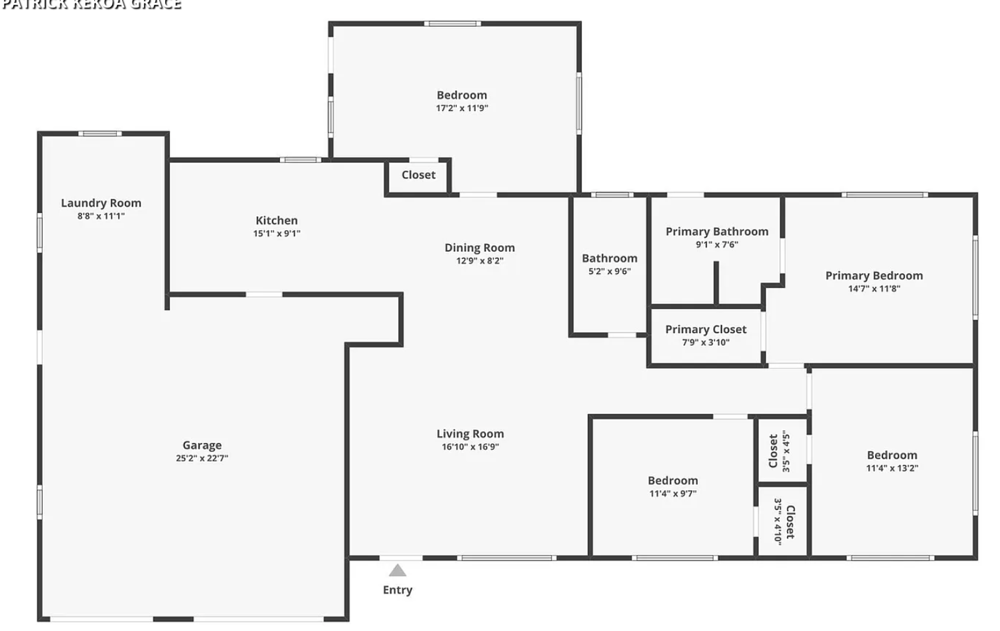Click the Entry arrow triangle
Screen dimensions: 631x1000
pyautogui.click(x=398, y=570)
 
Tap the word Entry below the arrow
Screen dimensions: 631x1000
pyautogui.click(x=398, y=590)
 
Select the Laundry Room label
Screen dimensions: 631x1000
pyautogui.click(x=101, y=203)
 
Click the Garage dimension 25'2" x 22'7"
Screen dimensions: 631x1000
pyautogui.click(x=202, y=458)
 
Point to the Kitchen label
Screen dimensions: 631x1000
pyautogui.click(x=277, y=220)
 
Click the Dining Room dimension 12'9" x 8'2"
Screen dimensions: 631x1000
pyautogui.click(x=479, y=261)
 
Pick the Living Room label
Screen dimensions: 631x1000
pyautogui.click(x=470, y=434)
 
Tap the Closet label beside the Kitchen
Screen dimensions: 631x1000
pyautogui.click(x=418, y=175)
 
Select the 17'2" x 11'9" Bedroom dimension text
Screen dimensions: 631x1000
pyautogui.click(x=462, y=108)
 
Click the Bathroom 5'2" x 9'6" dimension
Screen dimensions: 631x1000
pyautogui.click(x=609, y=271)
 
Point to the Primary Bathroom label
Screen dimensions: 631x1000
pyautogui.click(x=717, y=231)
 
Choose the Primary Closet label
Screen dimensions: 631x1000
pyautogui.click(x=706, y=330)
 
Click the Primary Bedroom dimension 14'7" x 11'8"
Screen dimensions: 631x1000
pyautogui.click(x=874, y=289)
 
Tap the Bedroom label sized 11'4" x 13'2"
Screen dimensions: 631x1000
pyautogui.click(x=892, y=455)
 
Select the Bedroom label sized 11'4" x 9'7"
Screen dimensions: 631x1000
pyautogui.click(x=673, y=480)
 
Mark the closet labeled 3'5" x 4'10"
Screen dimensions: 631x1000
pyautogui.click(x=784, y=522)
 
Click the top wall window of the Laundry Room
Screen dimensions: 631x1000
pyautogui.click(x=100, y=134)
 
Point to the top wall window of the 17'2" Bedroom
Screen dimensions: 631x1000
pyautogui.click(x=452, y=24)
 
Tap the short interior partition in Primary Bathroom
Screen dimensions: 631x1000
pyautogui.click(x=716, y=283)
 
